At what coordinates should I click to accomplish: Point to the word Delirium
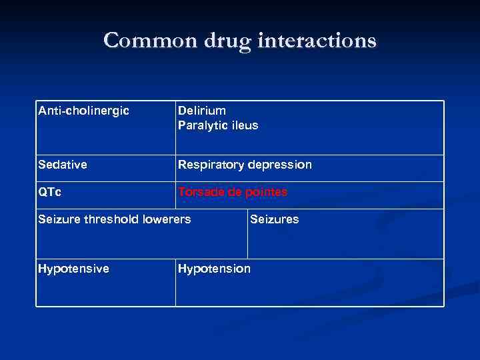pos(202,110)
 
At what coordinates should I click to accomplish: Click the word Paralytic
pos(201,125)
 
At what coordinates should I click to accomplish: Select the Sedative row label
pos(63,165)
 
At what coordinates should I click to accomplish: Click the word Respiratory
pos(210,165)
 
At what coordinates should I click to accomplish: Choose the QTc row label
pos(50,192)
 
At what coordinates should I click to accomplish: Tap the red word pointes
pos(266,192)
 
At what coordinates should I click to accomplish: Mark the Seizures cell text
pos(275,219)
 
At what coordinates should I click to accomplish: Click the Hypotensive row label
pos(73,269)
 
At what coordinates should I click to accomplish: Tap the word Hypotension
pos(214,269)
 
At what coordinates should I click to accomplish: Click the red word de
pos(235,192)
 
